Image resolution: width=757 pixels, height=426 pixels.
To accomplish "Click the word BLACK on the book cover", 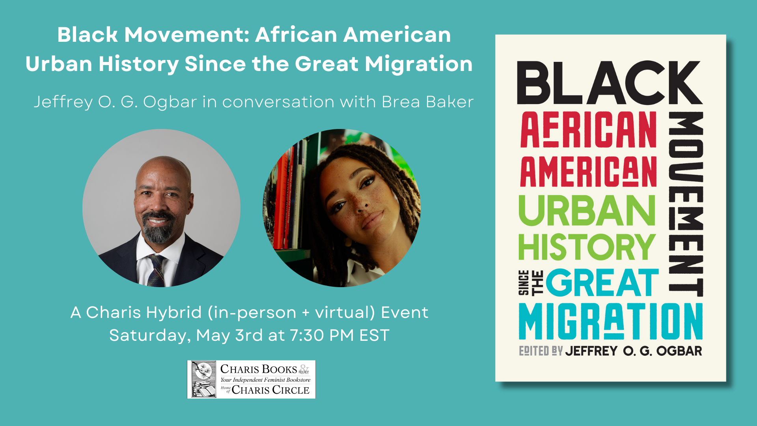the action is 610,83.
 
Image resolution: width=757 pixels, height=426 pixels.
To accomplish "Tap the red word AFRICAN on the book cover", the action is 588,129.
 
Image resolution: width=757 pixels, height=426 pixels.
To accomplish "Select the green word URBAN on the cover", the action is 587,210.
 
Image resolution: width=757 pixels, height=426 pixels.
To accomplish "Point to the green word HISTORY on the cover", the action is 587,247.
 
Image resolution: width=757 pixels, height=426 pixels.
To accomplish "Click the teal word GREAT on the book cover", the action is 602,282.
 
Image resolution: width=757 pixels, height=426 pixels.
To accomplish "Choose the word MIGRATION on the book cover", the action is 611,321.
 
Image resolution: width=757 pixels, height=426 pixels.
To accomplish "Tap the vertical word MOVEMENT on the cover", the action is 686,204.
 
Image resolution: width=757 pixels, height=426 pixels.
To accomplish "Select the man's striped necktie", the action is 156,270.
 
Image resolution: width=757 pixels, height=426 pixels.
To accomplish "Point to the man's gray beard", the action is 158,229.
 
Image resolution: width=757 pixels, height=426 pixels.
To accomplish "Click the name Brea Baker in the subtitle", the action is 428,102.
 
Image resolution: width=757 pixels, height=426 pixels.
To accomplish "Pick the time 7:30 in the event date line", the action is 307,335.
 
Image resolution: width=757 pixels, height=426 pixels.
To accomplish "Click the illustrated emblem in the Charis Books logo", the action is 203,379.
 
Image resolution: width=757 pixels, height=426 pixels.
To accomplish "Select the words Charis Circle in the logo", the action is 270,390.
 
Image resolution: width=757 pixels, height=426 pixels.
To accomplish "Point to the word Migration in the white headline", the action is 419,64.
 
